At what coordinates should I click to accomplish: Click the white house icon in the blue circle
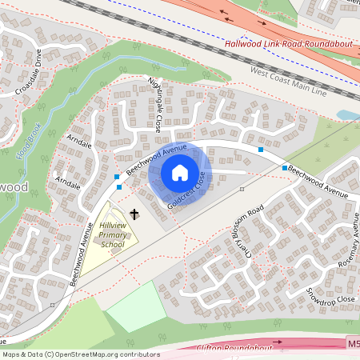[x=180, y=173]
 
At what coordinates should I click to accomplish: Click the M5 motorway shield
[x=354, y=343]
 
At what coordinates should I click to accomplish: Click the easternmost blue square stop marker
[x=285, y=168]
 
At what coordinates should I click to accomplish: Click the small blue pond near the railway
[x=349, y=114]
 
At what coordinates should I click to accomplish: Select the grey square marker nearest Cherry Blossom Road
[x=242, y=189]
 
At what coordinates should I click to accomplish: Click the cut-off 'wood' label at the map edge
[x=13, y=186]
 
